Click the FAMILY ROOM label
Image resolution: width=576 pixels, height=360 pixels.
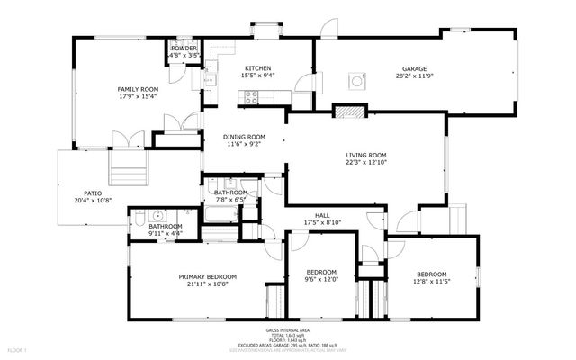(137, 89)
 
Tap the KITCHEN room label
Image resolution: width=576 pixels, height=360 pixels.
(257, 67)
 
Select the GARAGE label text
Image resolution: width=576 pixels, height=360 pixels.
(415, 67)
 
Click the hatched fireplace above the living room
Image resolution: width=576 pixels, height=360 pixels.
(350, 112)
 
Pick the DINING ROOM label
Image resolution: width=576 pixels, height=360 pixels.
(244, 136)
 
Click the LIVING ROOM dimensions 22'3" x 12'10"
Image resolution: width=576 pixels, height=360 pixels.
(366, 163)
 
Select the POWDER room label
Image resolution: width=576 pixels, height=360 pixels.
(184, 48)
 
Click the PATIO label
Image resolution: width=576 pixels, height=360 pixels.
(93, 193)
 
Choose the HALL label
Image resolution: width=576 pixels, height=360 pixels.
(321, 215)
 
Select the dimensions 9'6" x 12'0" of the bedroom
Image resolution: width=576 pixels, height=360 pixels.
(321, 279)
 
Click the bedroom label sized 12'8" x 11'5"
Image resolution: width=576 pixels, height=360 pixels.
(430, 274)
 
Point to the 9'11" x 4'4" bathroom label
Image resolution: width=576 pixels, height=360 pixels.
(166, 226)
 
